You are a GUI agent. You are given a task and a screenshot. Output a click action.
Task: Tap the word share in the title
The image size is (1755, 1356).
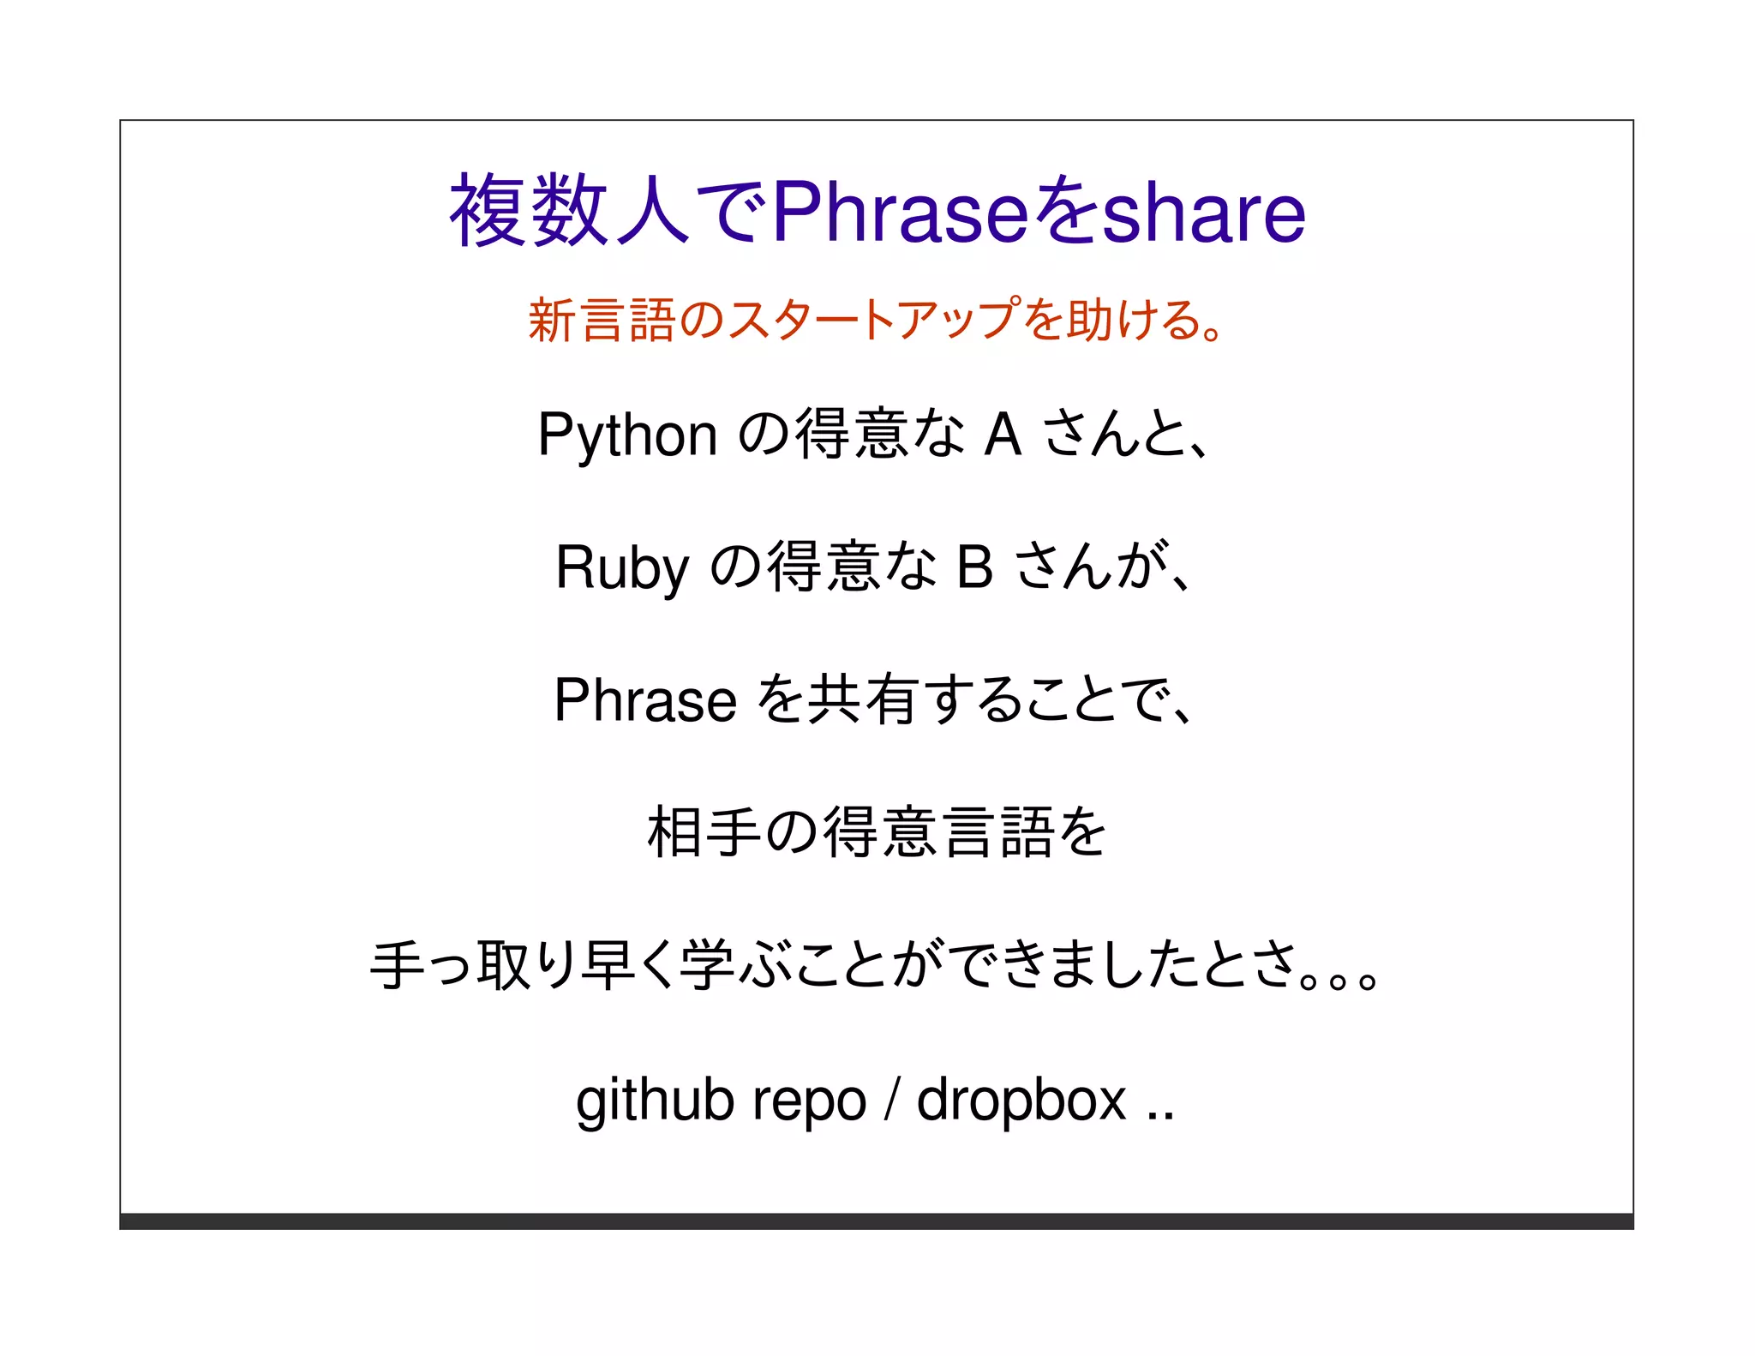(1203, 213)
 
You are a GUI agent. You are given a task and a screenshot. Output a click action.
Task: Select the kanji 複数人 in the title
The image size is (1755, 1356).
(570, 211)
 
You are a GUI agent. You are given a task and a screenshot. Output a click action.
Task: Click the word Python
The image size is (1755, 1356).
(627, 435)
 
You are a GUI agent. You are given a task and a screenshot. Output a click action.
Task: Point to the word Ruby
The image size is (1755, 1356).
(622, 568)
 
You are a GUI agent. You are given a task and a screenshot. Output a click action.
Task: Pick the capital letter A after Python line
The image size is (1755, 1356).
(1003, 434)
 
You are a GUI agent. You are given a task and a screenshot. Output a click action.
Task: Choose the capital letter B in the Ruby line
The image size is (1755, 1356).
(974, 567)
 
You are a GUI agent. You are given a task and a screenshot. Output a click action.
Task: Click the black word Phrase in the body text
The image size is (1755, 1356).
(645, 700)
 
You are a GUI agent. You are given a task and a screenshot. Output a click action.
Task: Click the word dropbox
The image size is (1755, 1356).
(1021, 1099)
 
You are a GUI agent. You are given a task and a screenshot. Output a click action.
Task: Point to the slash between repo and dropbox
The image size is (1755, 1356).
(892, 1099)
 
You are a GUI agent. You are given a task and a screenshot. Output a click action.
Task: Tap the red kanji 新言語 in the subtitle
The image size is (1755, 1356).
(602, 320)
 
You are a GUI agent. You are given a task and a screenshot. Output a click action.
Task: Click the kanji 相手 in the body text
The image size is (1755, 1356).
(704, 832)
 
